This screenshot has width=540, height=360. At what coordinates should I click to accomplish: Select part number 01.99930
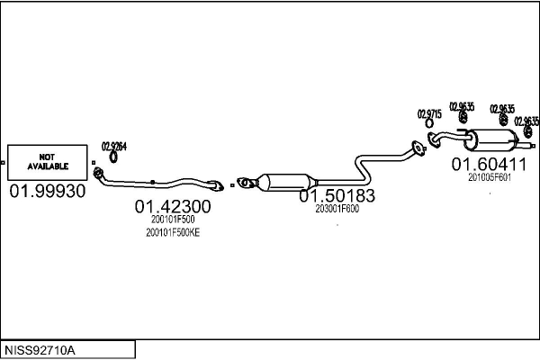[48, 192]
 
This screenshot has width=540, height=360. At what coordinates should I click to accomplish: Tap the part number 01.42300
[173, 207]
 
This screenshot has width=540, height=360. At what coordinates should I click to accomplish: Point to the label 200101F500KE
[173, 232]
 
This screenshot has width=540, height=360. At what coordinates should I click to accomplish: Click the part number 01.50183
[337, 195]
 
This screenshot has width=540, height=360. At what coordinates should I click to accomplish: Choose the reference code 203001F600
[337, 209]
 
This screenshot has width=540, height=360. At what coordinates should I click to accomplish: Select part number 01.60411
[489, 164]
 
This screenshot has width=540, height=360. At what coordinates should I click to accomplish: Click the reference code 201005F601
[490, 177]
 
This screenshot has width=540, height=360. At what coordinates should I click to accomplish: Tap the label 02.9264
[113, 146]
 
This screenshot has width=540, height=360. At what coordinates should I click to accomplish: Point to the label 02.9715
[428, 113]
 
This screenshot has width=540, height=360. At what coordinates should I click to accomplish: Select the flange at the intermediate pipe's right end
[416, 148]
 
